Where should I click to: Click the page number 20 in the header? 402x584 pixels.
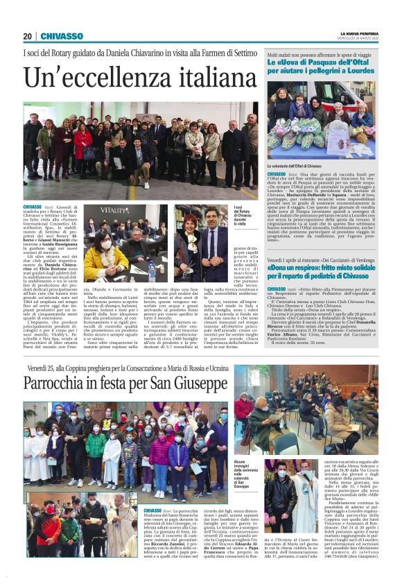pos(27,36)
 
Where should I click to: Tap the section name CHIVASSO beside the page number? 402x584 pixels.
pos(62,36)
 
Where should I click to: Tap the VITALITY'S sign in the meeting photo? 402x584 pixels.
pos(114,210)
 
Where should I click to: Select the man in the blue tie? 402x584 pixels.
pos(209,239)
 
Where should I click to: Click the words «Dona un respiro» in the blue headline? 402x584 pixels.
pos(293,267)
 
